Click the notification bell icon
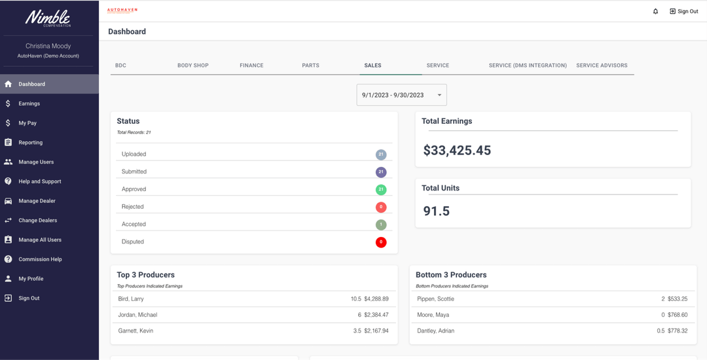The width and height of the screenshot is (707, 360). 655,11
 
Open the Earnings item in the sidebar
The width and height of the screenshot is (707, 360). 29,103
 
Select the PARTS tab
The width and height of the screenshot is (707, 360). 310,65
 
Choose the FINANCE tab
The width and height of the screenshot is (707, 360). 251,65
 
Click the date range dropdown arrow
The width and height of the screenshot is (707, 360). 439,95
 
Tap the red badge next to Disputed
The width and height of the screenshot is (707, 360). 381,242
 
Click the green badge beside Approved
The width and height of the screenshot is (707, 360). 381,189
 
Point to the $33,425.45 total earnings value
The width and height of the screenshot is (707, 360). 457,151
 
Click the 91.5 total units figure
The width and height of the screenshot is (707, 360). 437,211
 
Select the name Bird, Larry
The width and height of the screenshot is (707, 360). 131,299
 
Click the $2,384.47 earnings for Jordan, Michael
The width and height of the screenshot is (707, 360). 376,315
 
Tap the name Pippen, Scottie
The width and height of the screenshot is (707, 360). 435,299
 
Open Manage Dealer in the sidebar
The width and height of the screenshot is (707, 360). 37,201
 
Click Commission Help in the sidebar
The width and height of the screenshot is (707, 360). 40,259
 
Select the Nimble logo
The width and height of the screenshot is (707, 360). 48,18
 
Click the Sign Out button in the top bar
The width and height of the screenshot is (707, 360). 683,11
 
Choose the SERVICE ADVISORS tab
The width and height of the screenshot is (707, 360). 602,65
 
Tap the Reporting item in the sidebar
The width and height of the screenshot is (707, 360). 30,142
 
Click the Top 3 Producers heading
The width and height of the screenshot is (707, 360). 145,275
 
